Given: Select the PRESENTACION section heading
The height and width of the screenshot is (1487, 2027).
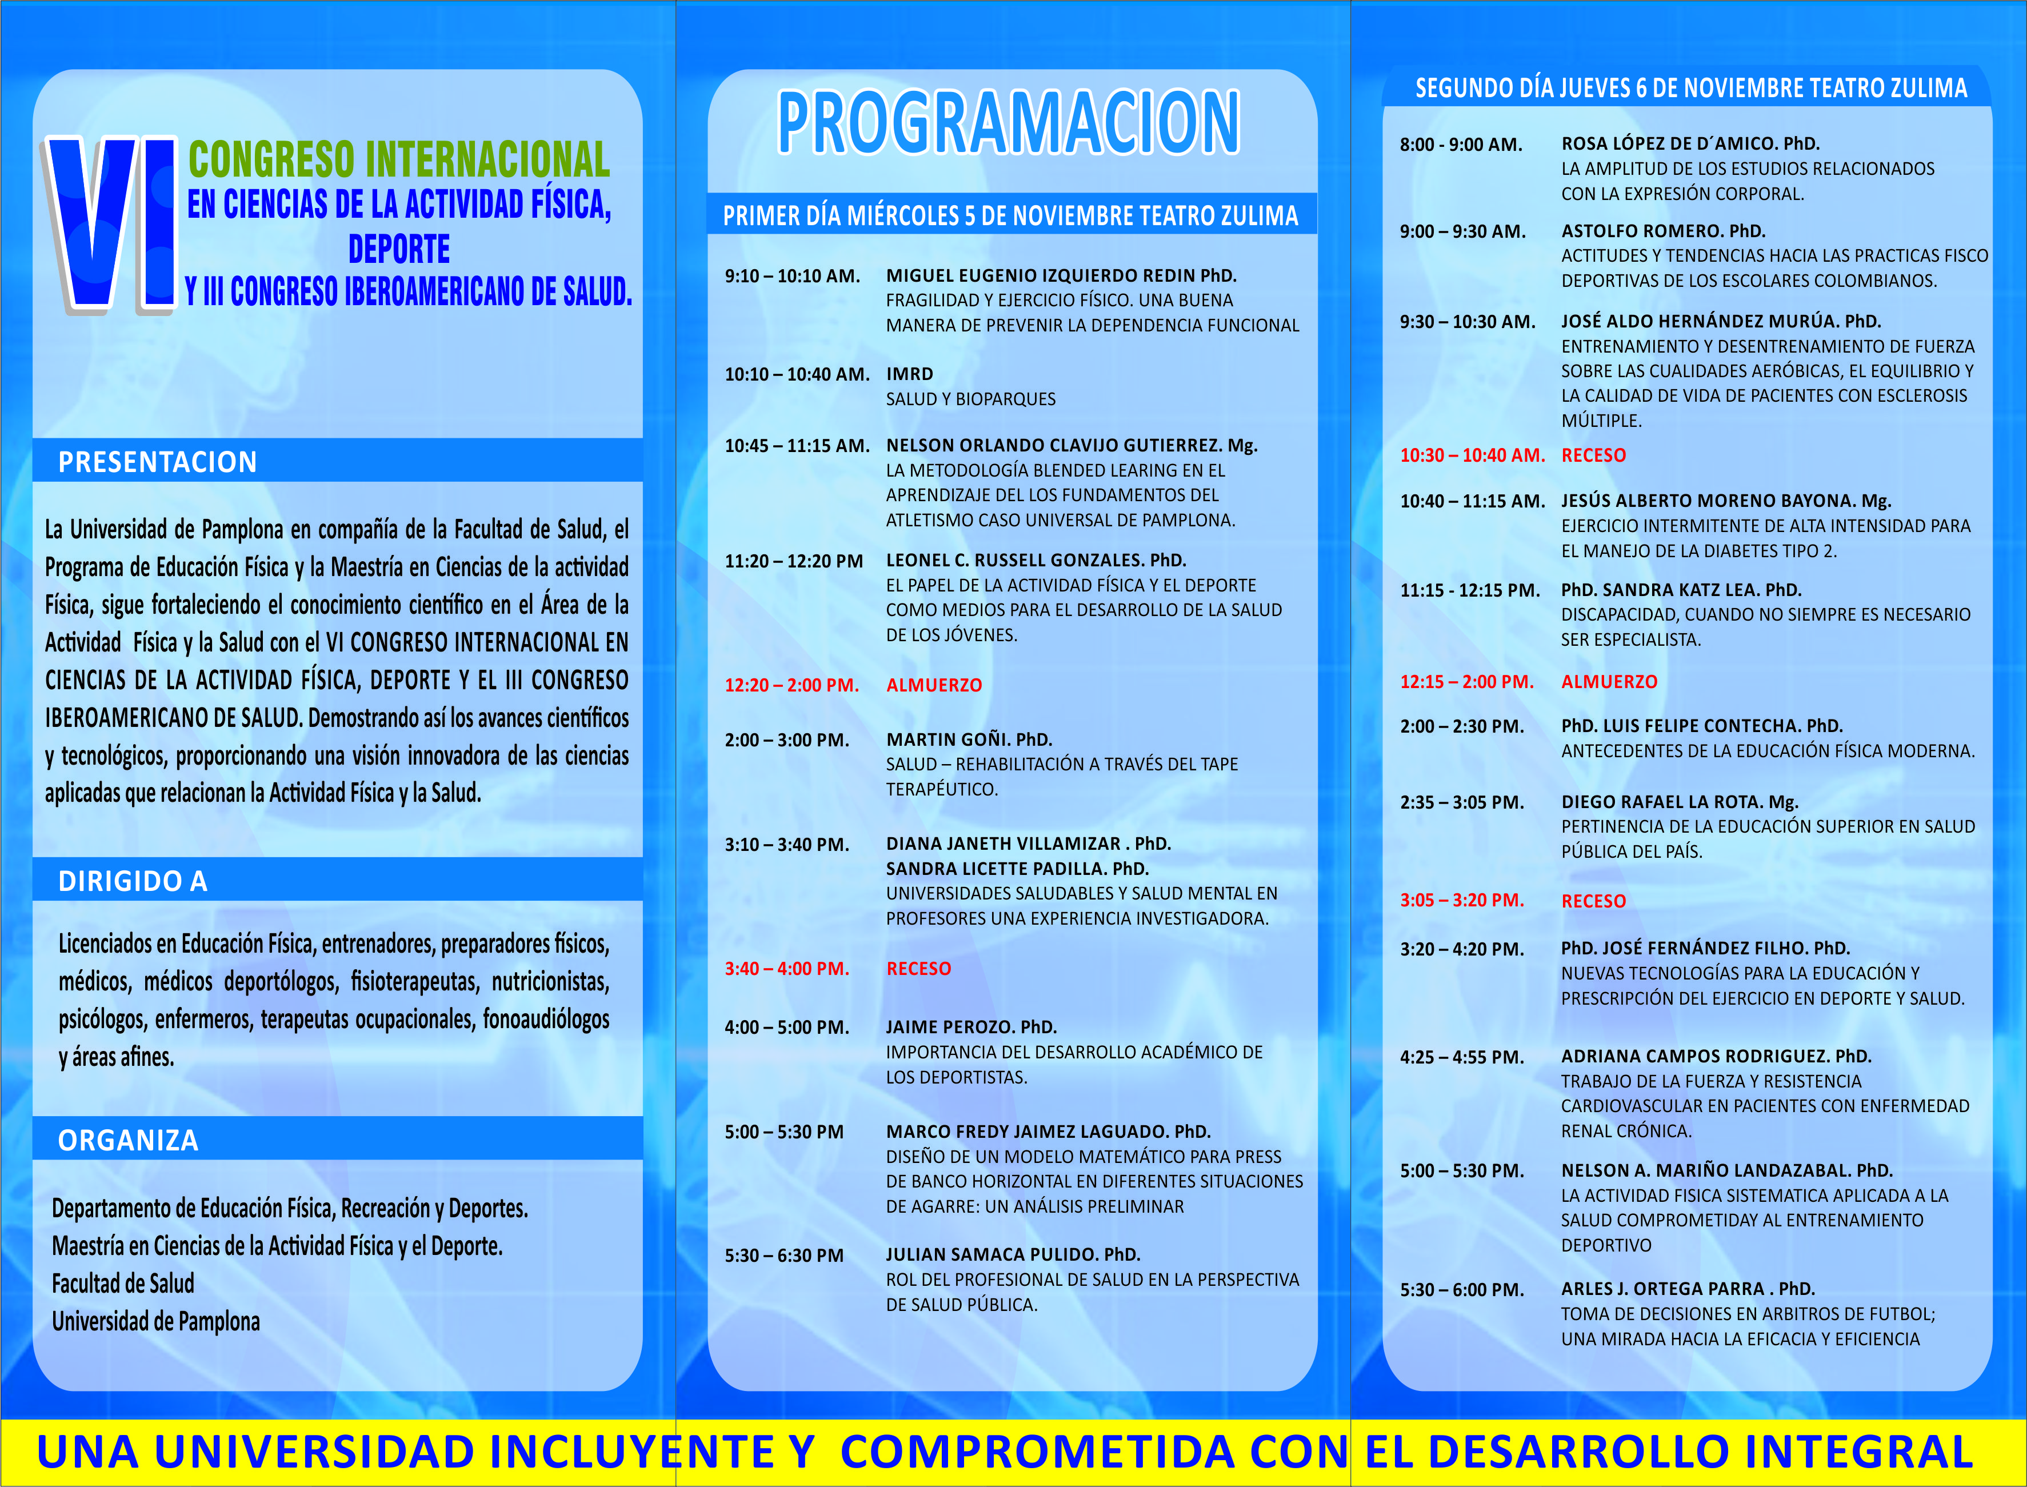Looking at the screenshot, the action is click(x=158, y=462).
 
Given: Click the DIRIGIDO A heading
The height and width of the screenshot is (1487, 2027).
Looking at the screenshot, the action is click(x=133, y=881).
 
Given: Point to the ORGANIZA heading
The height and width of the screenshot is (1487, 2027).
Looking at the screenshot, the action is click(x=128, y=1141).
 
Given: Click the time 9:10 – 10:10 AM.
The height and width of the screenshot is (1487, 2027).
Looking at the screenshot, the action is click(x=792, y=277).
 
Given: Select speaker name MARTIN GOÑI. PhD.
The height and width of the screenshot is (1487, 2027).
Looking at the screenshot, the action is click(x=969, y=740).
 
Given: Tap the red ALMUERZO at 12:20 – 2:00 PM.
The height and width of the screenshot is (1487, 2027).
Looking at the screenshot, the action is click(x=934, y=685).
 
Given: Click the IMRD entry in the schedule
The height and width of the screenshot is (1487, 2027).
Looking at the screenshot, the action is click(x=910, y=374).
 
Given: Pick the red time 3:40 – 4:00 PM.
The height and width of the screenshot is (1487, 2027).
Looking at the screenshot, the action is click(x=787, y=969).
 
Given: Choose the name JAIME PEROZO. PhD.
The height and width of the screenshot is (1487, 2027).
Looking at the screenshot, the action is click(x=971, y=1027).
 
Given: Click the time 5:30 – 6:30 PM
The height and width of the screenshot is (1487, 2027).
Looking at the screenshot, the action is click(x=784, y=1256).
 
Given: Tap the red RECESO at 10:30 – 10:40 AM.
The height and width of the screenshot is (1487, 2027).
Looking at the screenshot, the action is click(x=1593, y=455).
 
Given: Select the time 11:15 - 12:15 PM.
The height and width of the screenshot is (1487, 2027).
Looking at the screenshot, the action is click(x=1470, y=590).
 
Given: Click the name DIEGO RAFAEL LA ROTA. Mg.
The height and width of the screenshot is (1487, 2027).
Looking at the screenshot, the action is click(x=1680, y=802).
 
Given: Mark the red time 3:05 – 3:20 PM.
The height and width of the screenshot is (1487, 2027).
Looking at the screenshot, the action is click(x=1462, y=900).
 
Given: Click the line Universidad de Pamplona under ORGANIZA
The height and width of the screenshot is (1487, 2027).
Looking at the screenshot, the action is click(x=155, y=1321).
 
